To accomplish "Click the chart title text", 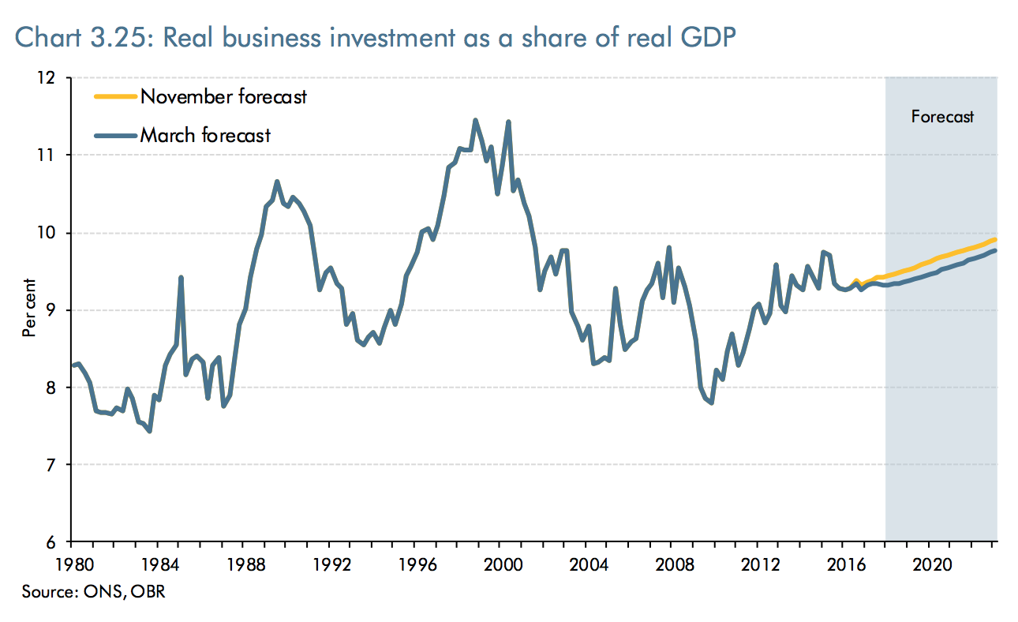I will click(x=375, y=37).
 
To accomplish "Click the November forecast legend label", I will click(x=223, y=97).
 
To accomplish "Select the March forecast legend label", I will click(x=205, y=135).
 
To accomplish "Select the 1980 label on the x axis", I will click(x=71, y=565).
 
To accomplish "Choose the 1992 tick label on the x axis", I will click(x=330, y=565).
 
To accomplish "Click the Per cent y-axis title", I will click(x=29, y=308).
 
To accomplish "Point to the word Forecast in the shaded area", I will click(x=942, y=117).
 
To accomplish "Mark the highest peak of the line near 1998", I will click(x=475, y=120).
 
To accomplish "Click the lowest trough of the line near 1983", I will click(x=149, y=431).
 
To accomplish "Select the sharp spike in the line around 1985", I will click(x=182, y=278).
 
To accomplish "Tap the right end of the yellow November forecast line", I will click(x=996, y=239).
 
